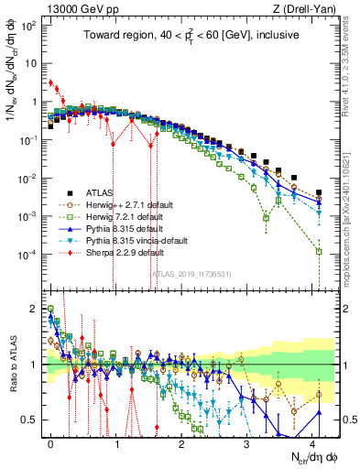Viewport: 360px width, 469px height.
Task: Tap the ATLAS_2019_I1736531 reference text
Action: tap(189, 272)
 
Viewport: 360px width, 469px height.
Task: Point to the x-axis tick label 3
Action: tap(246, 441)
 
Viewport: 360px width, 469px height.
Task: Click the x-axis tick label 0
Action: tap(50, 441)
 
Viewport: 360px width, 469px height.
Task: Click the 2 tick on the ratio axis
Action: tap(33, 309)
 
